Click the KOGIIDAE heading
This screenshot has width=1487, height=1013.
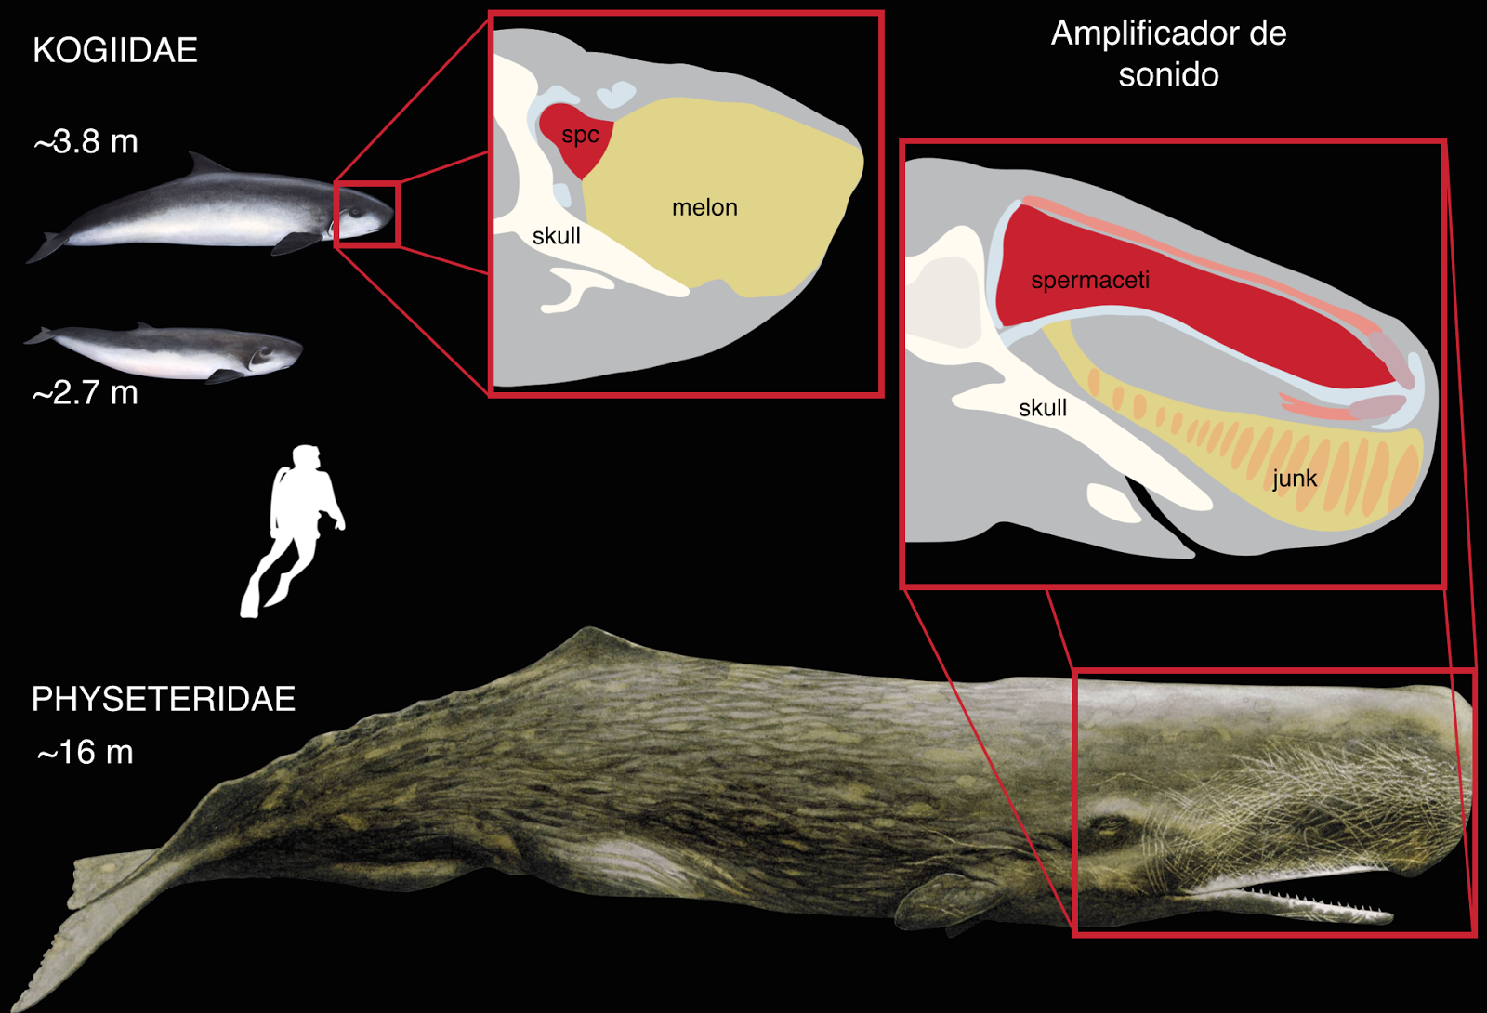[115, 50]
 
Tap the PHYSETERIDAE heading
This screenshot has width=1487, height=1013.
[164, 699]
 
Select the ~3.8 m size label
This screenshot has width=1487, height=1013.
[86, 141]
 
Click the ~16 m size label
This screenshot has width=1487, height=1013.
[85, 752]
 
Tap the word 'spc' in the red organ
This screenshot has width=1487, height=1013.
[580, 136]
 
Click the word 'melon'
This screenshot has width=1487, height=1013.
[704, 208]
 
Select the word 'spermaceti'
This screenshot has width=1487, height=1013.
[1090, 280]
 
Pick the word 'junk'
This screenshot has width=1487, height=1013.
[1295, 478]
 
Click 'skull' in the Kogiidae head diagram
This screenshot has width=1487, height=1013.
[557, 236]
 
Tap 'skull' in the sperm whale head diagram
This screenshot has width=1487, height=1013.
[1043, 408]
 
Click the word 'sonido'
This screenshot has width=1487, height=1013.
[1168, 74]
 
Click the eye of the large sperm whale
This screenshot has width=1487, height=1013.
[1109, 825]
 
